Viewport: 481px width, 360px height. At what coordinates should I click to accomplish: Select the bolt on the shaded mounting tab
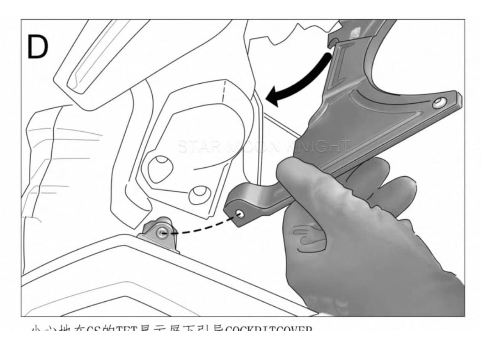(x=160, y=233)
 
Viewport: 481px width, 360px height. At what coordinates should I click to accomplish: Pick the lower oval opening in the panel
(x=199, y=194)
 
